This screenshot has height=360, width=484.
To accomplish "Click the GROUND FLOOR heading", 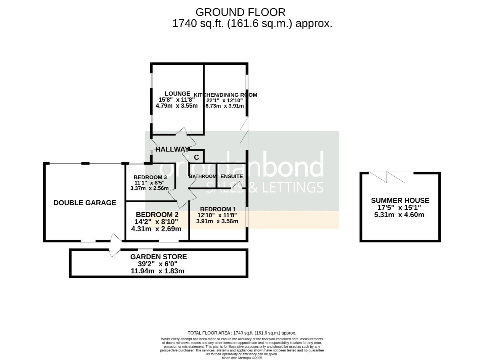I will (240, 12).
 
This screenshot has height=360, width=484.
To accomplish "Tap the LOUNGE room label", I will (177, 94).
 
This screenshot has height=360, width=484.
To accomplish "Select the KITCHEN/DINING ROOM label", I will (225, 95).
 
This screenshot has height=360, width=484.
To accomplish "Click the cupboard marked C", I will (196, 157).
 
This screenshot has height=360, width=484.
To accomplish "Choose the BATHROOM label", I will (202, 176).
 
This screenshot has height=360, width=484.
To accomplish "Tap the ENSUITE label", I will (232, 176).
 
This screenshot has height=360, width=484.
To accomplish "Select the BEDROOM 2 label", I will (157, 215).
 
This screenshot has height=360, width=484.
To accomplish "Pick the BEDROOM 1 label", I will (218, 209).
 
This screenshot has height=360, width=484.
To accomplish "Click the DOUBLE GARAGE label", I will (85, 203).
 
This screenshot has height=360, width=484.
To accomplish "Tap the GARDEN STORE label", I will (158, 257).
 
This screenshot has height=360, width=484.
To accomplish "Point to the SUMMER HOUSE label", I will (400, 200).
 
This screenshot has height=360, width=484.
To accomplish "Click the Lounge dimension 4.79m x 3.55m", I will (177, 106).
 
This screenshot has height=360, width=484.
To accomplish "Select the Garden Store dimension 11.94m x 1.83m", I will (158, 271).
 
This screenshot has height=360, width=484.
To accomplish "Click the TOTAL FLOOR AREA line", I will (242, 333).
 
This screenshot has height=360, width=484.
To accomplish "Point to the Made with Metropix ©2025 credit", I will (242, 358).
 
